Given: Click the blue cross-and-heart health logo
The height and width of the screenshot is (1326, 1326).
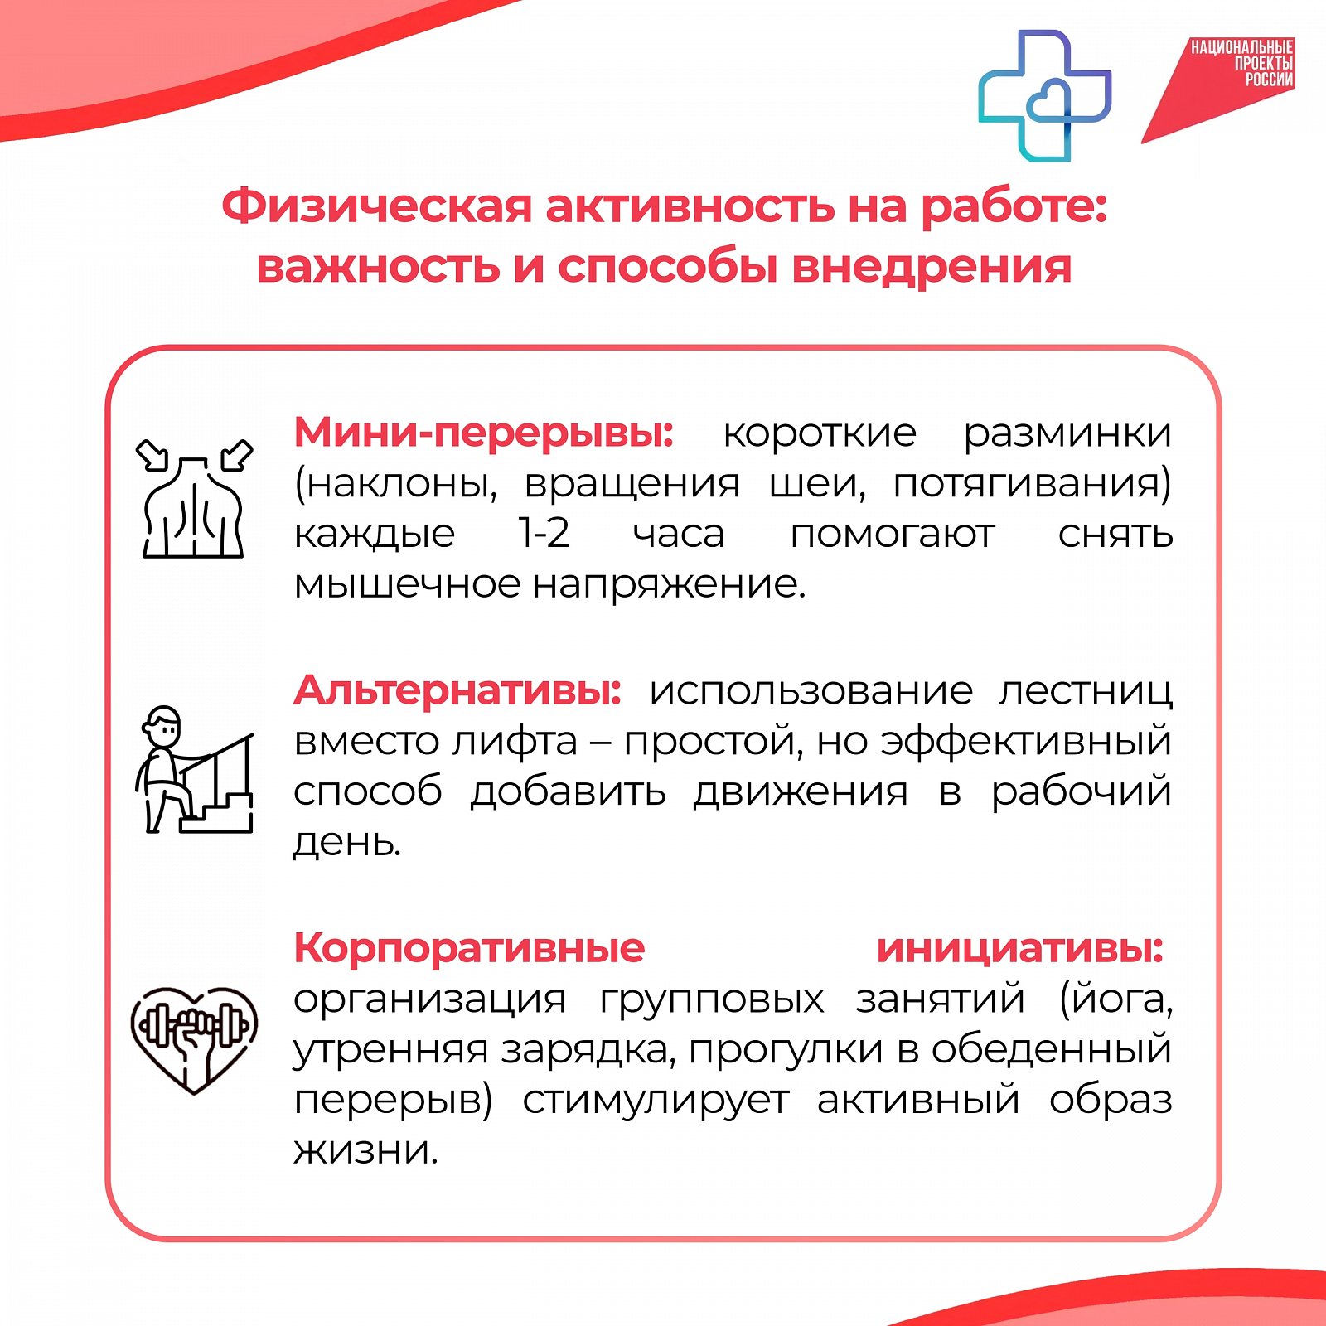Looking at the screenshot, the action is point(1044,94).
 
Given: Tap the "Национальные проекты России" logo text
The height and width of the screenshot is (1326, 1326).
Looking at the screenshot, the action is point(1242,63).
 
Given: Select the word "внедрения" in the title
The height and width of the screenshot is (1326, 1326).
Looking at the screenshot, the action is point(932,268).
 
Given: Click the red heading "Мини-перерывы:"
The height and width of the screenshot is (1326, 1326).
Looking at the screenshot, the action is point(484,433).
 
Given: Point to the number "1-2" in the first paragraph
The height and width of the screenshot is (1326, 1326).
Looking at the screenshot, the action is point(544,533).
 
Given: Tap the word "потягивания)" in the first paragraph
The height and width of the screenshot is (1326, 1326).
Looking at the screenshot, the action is point(1032,484).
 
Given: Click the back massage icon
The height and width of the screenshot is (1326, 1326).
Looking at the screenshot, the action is point(194,499).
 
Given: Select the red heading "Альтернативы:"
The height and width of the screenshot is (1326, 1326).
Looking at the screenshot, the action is point(457,690).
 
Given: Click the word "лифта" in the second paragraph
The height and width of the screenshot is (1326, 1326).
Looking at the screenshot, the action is point(514,741).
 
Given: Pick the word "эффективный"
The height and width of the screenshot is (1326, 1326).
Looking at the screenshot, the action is point(1026,741).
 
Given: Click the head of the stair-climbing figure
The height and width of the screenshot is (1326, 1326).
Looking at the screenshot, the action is point(162,726).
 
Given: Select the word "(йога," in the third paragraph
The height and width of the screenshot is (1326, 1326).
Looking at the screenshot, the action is point(1116,999).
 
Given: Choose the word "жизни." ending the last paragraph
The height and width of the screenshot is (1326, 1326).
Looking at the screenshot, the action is point(365,1150).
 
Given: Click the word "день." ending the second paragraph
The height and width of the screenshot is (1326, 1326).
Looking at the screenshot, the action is point(347,844).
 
